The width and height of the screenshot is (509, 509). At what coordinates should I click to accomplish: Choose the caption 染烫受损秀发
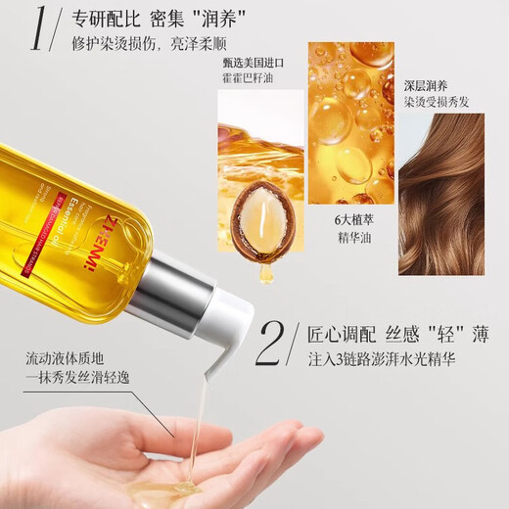click(440, 100)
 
